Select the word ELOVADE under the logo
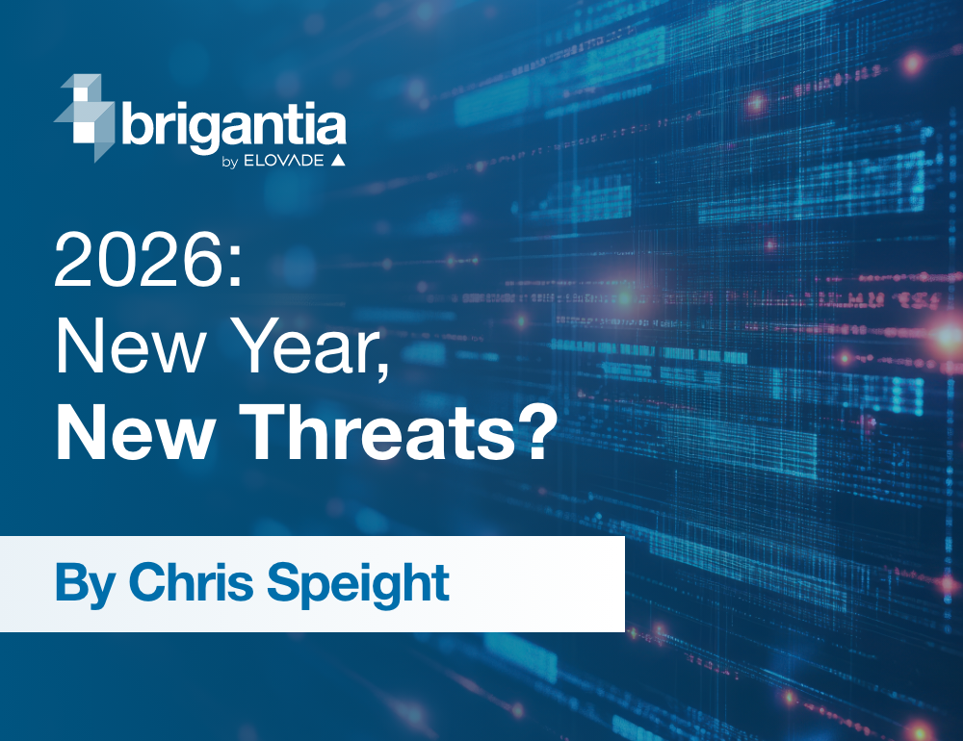[x=284, y=161]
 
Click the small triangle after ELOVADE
[x=338, y=161]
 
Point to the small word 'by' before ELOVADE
[x=229, y=162]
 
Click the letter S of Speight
[x=306, y=581]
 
